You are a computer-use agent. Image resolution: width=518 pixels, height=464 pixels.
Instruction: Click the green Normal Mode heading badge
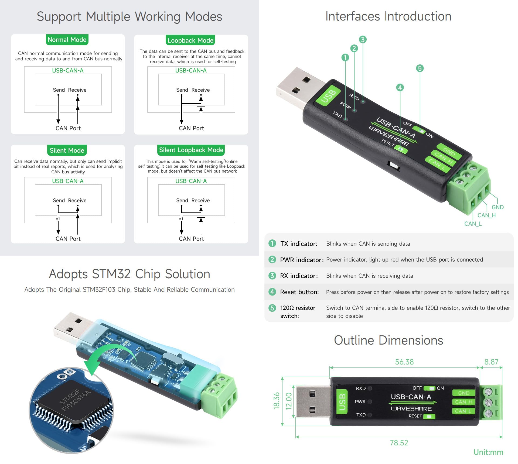point(67,40)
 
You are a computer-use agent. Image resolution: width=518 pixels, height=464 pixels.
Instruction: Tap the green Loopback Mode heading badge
point(190,40)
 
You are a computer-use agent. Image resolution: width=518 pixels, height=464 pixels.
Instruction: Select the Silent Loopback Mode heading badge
point(191,150)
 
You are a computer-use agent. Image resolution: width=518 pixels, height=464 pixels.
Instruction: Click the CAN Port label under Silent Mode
point(68,239)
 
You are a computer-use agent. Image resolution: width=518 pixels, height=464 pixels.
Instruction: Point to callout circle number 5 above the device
point(420,68)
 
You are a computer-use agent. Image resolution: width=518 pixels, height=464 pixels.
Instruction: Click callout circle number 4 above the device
point(400,88)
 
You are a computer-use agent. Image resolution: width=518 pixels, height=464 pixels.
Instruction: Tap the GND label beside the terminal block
point(497,207)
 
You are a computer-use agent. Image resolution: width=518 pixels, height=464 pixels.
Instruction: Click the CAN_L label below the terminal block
point(473,224)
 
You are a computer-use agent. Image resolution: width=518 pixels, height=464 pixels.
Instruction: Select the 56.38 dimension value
point(404,362)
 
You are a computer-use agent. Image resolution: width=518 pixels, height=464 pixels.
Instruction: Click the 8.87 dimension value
point(491,362)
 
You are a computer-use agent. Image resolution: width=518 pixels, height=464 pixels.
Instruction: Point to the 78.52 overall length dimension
point(399,443)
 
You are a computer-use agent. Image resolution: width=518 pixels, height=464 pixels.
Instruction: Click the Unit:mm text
point(488,452)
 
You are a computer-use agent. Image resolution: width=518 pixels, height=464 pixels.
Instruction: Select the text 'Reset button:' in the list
point(299,292)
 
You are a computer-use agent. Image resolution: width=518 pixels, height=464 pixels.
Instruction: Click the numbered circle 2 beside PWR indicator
point(272,260)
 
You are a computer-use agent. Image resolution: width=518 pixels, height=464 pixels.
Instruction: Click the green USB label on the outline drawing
point(342,402)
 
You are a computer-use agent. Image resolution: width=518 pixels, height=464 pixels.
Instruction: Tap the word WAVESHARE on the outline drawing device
point(411,408)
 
